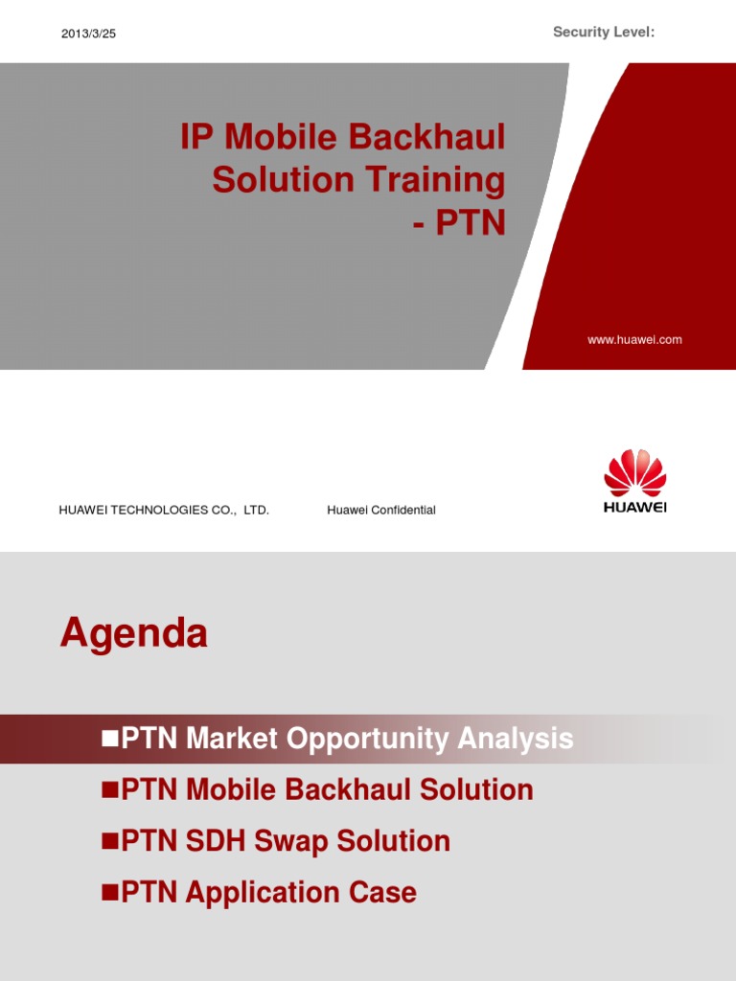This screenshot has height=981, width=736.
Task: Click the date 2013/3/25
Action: [x=88, y=34]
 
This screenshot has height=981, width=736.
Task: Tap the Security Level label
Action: [x=604, y=32]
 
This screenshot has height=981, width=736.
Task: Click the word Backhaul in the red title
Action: [x=426, y=136]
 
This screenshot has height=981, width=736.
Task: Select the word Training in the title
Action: [x=435, y=180]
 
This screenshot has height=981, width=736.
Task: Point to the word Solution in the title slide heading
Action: [x=284, y=179]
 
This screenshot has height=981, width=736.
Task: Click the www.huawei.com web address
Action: [x=634, y=340]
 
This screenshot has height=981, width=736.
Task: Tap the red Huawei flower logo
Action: [x=634, y=473]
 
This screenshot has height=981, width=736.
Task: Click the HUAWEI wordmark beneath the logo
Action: [x=634, y=507]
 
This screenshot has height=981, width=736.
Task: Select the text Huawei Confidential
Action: [x=381, y=510]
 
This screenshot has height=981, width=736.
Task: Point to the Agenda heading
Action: [x=133, y=633]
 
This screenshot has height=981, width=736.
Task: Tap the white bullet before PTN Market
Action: [x=110, y=739]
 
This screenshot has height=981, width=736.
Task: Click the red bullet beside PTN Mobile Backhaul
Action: [x=110, y=789]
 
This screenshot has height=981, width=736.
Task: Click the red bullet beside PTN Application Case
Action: [x=110, y=892]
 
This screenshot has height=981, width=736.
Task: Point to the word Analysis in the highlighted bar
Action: [x=515, y=739]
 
